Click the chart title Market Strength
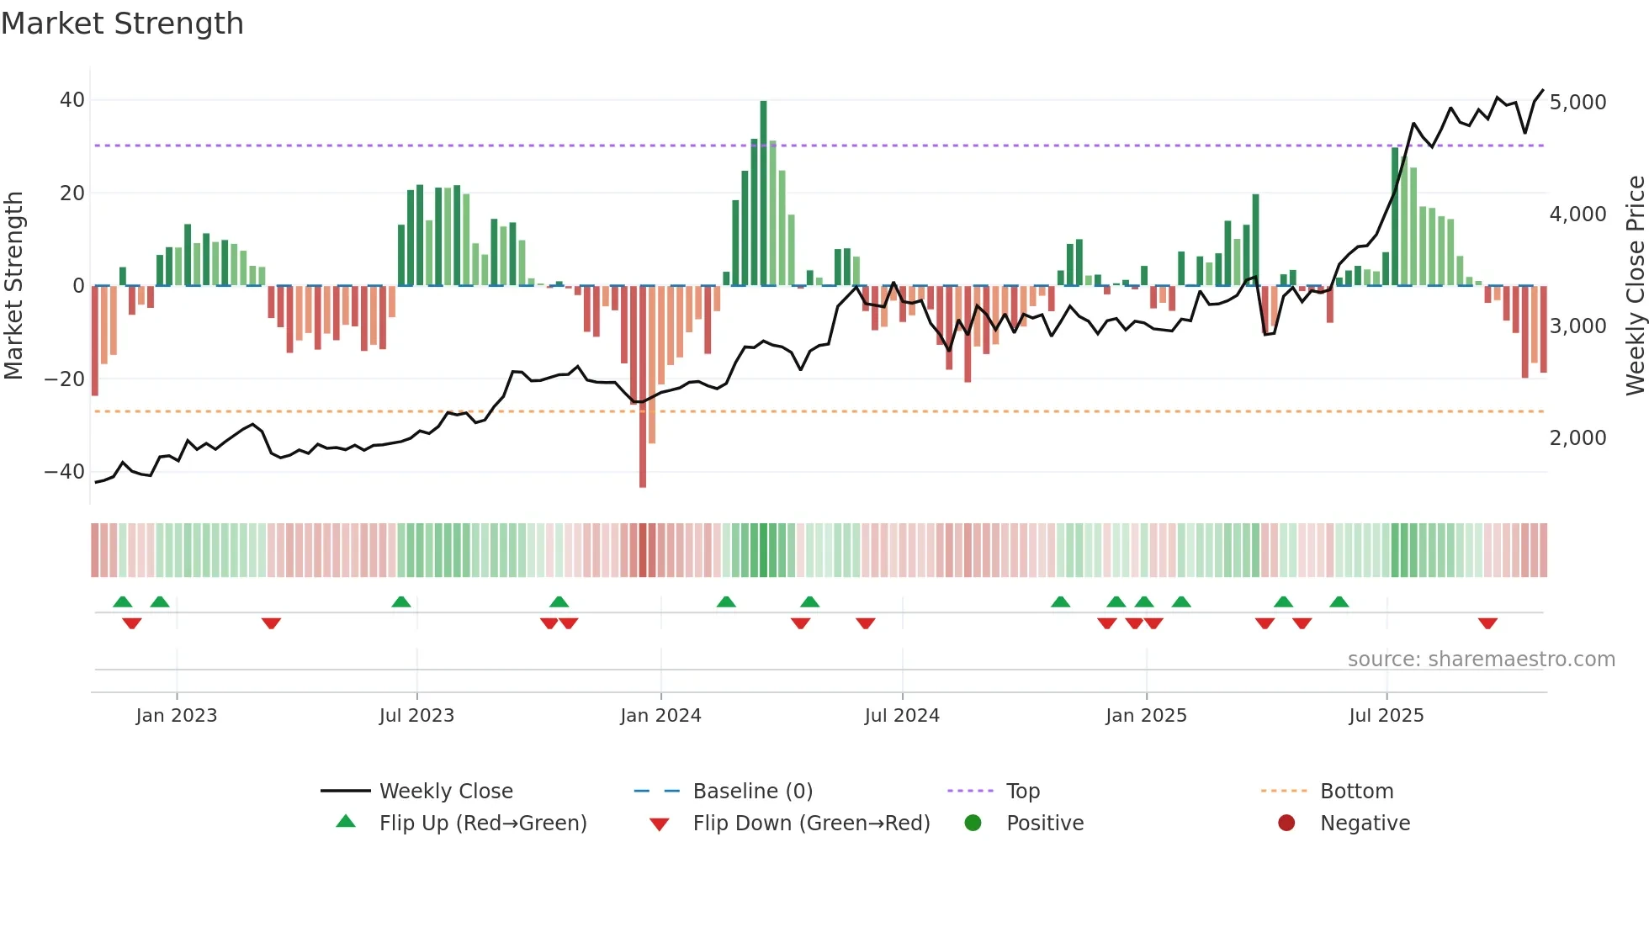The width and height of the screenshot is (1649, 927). click(x=122, y=24)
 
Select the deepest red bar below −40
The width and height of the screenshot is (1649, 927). click(x=643, y=387)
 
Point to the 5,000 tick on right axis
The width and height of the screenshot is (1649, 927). click(x=1577, y=103)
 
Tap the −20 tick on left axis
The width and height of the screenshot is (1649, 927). click(x=64, y=379)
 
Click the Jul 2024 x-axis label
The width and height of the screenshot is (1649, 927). click(x=902, y=716)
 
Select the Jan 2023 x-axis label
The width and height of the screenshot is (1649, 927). click(x=177, y=716)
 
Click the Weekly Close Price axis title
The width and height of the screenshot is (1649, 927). click(x=1635, y=286)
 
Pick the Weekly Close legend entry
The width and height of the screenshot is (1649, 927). click(x=445, y=792)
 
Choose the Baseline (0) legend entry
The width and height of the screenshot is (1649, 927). click(x=752, y=792)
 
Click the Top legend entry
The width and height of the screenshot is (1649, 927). click(x=1022, y=792)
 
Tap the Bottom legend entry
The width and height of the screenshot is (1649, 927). click(x=1356, y=792)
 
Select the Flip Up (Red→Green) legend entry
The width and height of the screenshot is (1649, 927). click(x=482, y=824)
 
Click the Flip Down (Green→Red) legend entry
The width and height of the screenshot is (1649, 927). click(x=811, y=824)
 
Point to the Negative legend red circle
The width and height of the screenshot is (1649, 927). click(x=1286, y=824)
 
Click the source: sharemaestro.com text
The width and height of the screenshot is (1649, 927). click(x=1481, y=659)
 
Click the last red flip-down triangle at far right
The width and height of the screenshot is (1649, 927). click(x=1487, y=623)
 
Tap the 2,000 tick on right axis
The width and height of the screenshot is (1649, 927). click(x=1577, y=438)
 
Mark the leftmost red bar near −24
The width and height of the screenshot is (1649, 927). click(x=95, y=341)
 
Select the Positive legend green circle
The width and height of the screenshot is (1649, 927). click(x=973, y=824)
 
